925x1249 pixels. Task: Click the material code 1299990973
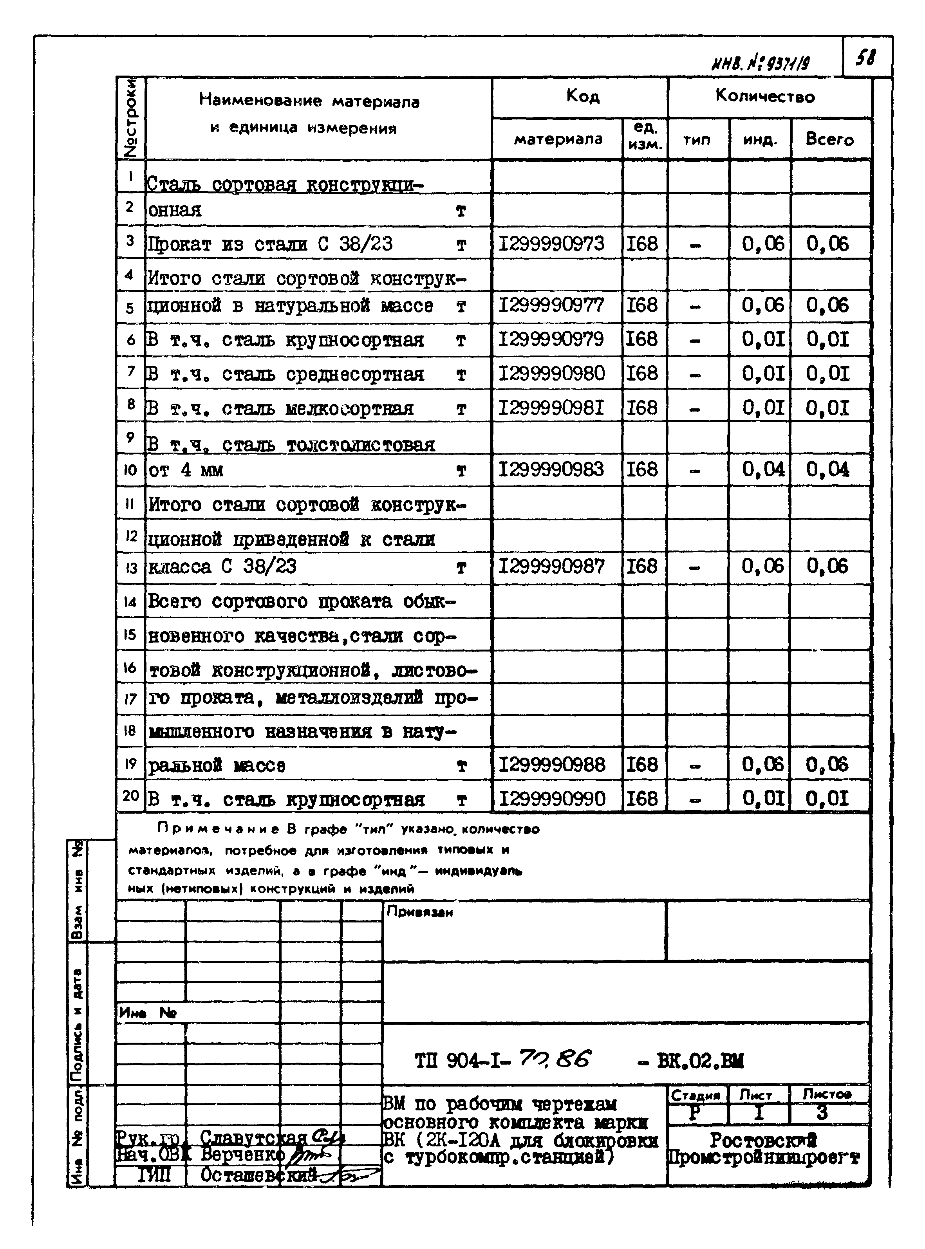coord(551,244)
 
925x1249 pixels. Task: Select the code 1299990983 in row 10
coord(551,469)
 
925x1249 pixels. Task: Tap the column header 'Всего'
coord(829,139)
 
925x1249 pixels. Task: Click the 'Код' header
coord(582,97)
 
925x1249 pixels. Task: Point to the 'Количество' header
coord(765,96)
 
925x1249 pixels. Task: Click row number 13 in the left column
coord(130,568)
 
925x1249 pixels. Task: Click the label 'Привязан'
coord(420,912)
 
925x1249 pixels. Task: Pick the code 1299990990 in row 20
coord(551,798)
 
